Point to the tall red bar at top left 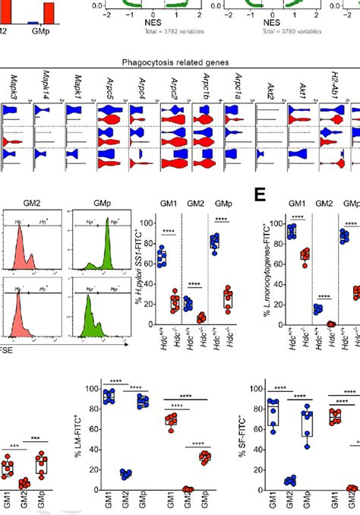(49, 13)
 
